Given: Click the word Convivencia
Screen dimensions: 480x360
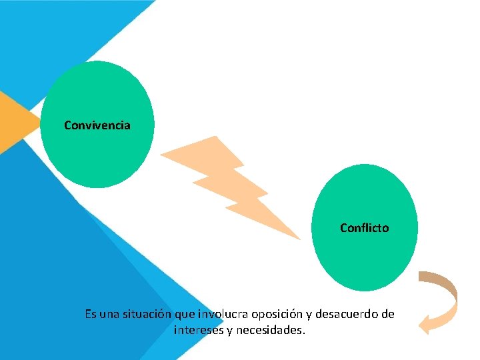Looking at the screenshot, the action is (97, 125).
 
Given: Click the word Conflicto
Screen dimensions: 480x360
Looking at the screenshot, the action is (364, 228).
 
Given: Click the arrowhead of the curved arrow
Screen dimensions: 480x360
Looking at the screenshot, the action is (425, 325).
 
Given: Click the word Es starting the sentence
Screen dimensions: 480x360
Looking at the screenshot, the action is (91, 313).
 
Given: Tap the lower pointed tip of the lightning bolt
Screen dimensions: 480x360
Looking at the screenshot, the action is (298, 237).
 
